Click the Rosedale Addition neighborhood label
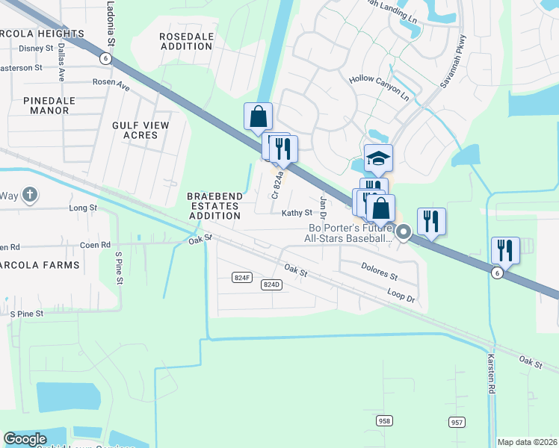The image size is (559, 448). click(x=186, y=40)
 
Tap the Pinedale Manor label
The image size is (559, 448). click(x=46, y=105)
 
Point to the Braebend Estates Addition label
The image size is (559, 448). click(x=215, y=205)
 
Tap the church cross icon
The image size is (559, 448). click(x=29, y=196)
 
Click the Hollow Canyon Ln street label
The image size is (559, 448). click(x=380, y=87)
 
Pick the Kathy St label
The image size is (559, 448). click(x=296, y=213)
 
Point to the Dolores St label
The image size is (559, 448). click(x=379, y=270)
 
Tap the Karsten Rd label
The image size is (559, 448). click(x=492, y=373)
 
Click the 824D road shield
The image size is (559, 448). click(x=271, y=284)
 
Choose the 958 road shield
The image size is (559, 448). click(x=384, y=421)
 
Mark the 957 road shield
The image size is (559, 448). click(x=457, y=423)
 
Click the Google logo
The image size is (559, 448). click(x=25, y=439)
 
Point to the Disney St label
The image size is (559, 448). click(x=37, y=49)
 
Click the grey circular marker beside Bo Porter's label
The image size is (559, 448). click(x=404, y=233)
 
